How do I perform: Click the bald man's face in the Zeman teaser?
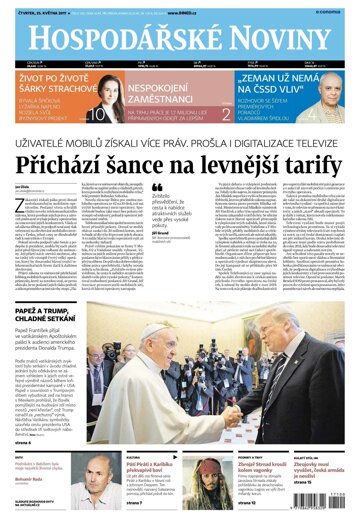(328, 89)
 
